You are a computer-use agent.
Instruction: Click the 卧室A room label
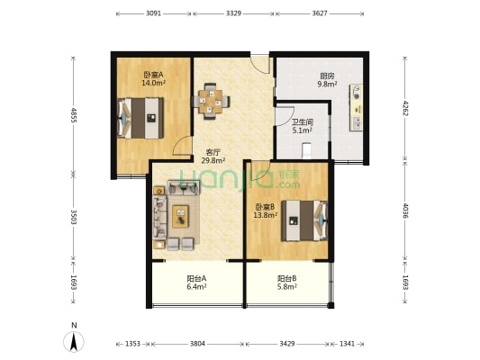(153, 75)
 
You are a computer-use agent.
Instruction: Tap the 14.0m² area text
(153, 83)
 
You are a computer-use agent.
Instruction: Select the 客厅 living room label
(213, 152)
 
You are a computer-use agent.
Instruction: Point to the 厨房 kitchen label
(327, 76)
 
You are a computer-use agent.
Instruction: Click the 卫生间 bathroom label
(303, 122)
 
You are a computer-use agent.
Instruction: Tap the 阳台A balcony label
(196, 279)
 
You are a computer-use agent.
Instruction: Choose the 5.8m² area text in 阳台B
(287, 287)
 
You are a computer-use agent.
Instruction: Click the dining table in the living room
(211, 101)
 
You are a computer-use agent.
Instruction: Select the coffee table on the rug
(180, 217)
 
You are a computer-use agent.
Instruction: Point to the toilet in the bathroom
(306, 151)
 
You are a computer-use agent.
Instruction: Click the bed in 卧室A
(140, 118)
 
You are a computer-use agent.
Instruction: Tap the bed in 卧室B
(304, 220)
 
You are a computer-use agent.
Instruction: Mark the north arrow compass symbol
(74, 341)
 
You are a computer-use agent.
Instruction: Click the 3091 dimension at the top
(153, 13)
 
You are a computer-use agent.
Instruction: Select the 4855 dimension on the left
(74, 114)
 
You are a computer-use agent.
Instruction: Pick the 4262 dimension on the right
(405, 108)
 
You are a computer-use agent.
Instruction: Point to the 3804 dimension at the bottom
(197, 344)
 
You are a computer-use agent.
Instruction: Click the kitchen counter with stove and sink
(357, 108)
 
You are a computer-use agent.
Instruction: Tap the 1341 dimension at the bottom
(347, 344)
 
